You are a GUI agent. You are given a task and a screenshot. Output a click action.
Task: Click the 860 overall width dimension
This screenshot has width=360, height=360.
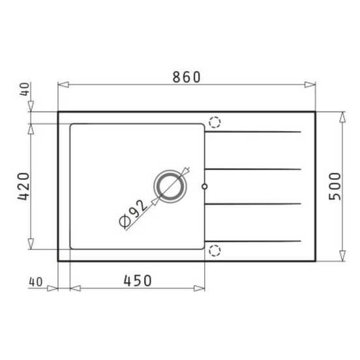187,77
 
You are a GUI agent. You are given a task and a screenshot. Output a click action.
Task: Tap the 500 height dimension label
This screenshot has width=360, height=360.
335,187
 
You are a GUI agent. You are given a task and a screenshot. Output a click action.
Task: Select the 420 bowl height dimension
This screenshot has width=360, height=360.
23,187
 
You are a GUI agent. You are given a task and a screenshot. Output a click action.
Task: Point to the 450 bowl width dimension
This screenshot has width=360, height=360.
138,280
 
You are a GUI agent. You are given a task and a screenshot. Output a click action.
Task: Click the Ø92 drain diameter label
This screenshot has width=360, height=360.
133,215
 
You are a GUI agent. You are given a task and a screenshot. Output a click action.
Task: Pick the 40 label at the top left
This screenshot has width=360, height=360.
24,89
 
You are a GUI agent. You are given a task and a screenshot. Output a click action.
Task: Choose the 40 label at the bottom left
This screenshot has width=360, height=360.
36,282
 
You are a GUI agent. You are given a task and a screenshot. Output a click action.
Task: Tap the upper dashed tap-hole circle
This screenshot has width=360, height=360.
215,122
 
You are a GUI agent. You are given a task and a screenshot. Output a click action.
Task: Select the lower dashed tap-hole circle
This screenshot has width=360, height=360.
215,250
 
